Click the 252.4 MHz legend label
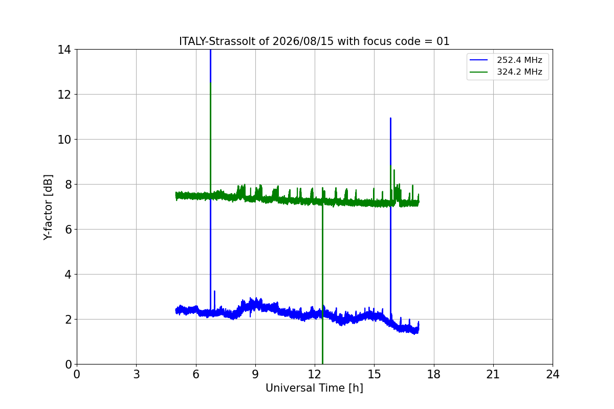tap(519, 60)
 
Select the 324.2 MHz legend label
tap(519, 72)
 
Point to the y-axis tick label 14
tap(64, 50)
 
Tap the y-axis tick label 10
tap(64, 140)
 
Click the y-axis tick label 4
tap(68, 275)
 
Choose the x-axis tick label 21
tap(493, 374)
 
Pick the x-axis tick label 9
tap(255, 374)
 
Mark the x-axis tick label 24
tap(553, 374)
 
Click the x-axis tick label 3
tap(137, 374)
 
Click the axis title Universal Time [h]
tap(314, 388)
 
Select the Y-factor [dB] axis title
tap(48, 208)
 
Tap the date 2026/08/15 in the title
tap(303, 41)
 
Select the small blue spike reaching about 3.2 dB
tap(214, 301)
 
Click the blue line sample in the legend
tap(478, 60)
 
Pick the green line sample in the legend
tap(478, 72)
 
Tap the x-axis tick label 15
tap(374, 374)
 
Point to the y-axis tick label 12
tap(64, 95)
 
